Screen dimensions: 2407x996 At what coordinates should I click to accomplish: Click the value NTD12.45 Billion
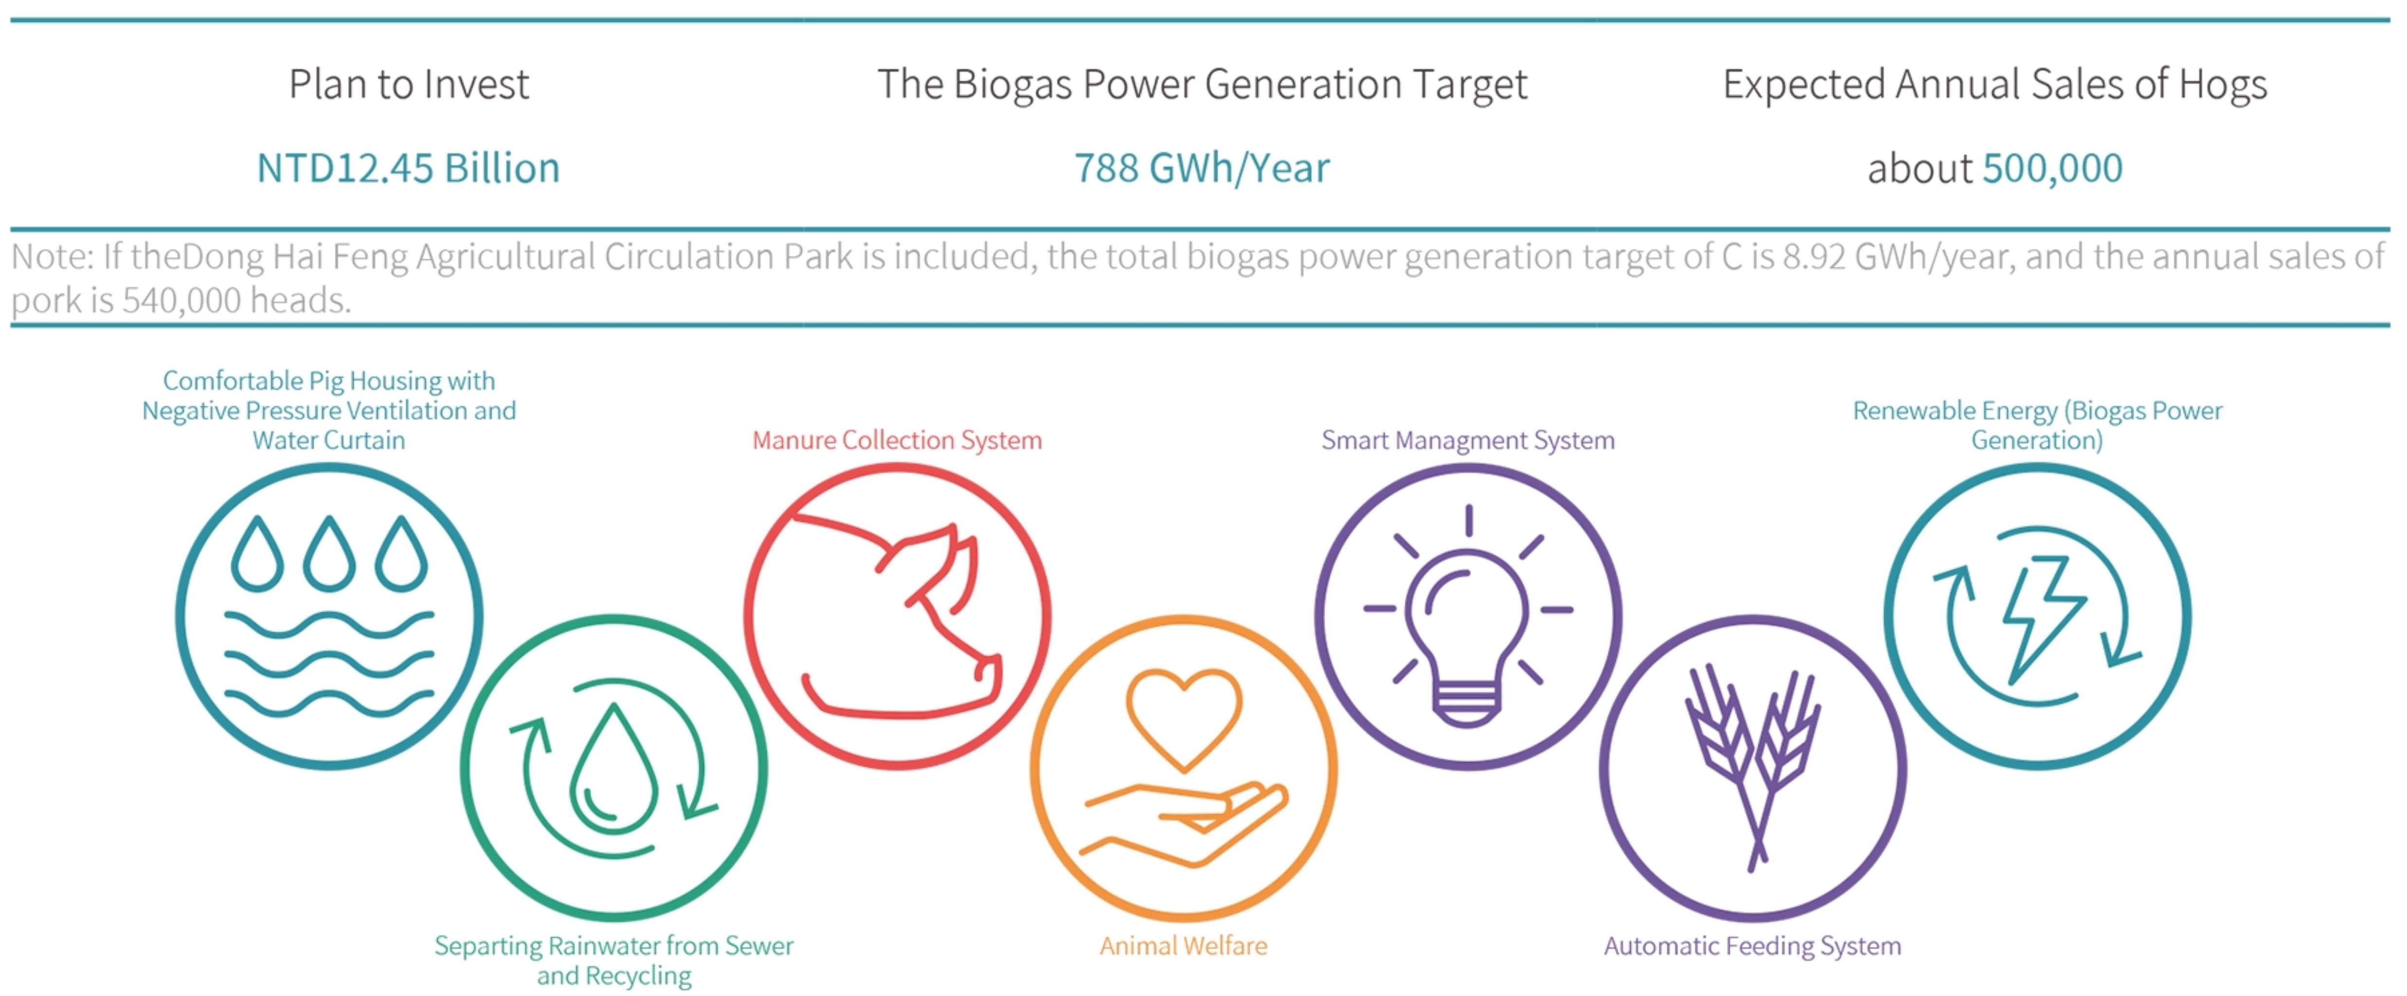click(x=408, y=168)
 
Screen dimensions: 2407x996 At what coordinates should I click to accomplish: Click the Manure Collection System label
click(x=897, y=440)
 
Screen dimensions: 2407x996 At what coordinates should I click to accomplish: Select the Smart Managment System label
click(x=1468, y=440)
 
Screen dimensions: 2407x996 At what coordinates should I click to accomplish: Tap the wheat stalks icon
click(x=1753, y=766)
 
